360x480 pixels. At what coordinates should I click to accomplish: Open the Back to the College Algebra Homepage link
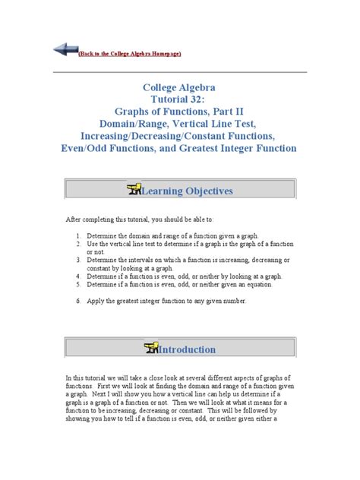130,55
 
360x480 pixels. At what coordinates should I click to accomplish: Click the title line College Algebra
179,87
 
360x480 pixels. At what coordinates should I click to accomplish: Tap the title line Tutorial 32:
179,100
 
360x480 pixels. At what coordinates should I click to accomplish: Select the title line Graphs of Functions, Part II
179,113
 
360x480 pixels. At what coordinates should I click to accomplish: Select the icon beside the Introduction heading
148,348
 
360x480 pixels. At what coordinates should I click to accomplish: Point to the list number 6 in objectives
78,302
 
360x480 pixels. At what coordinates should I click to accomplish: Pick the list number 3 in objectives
78,260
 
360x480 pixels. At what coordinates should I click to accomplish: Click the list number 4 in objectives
78,276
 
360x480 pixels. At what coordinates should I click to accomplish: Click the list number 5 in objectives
78,285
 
